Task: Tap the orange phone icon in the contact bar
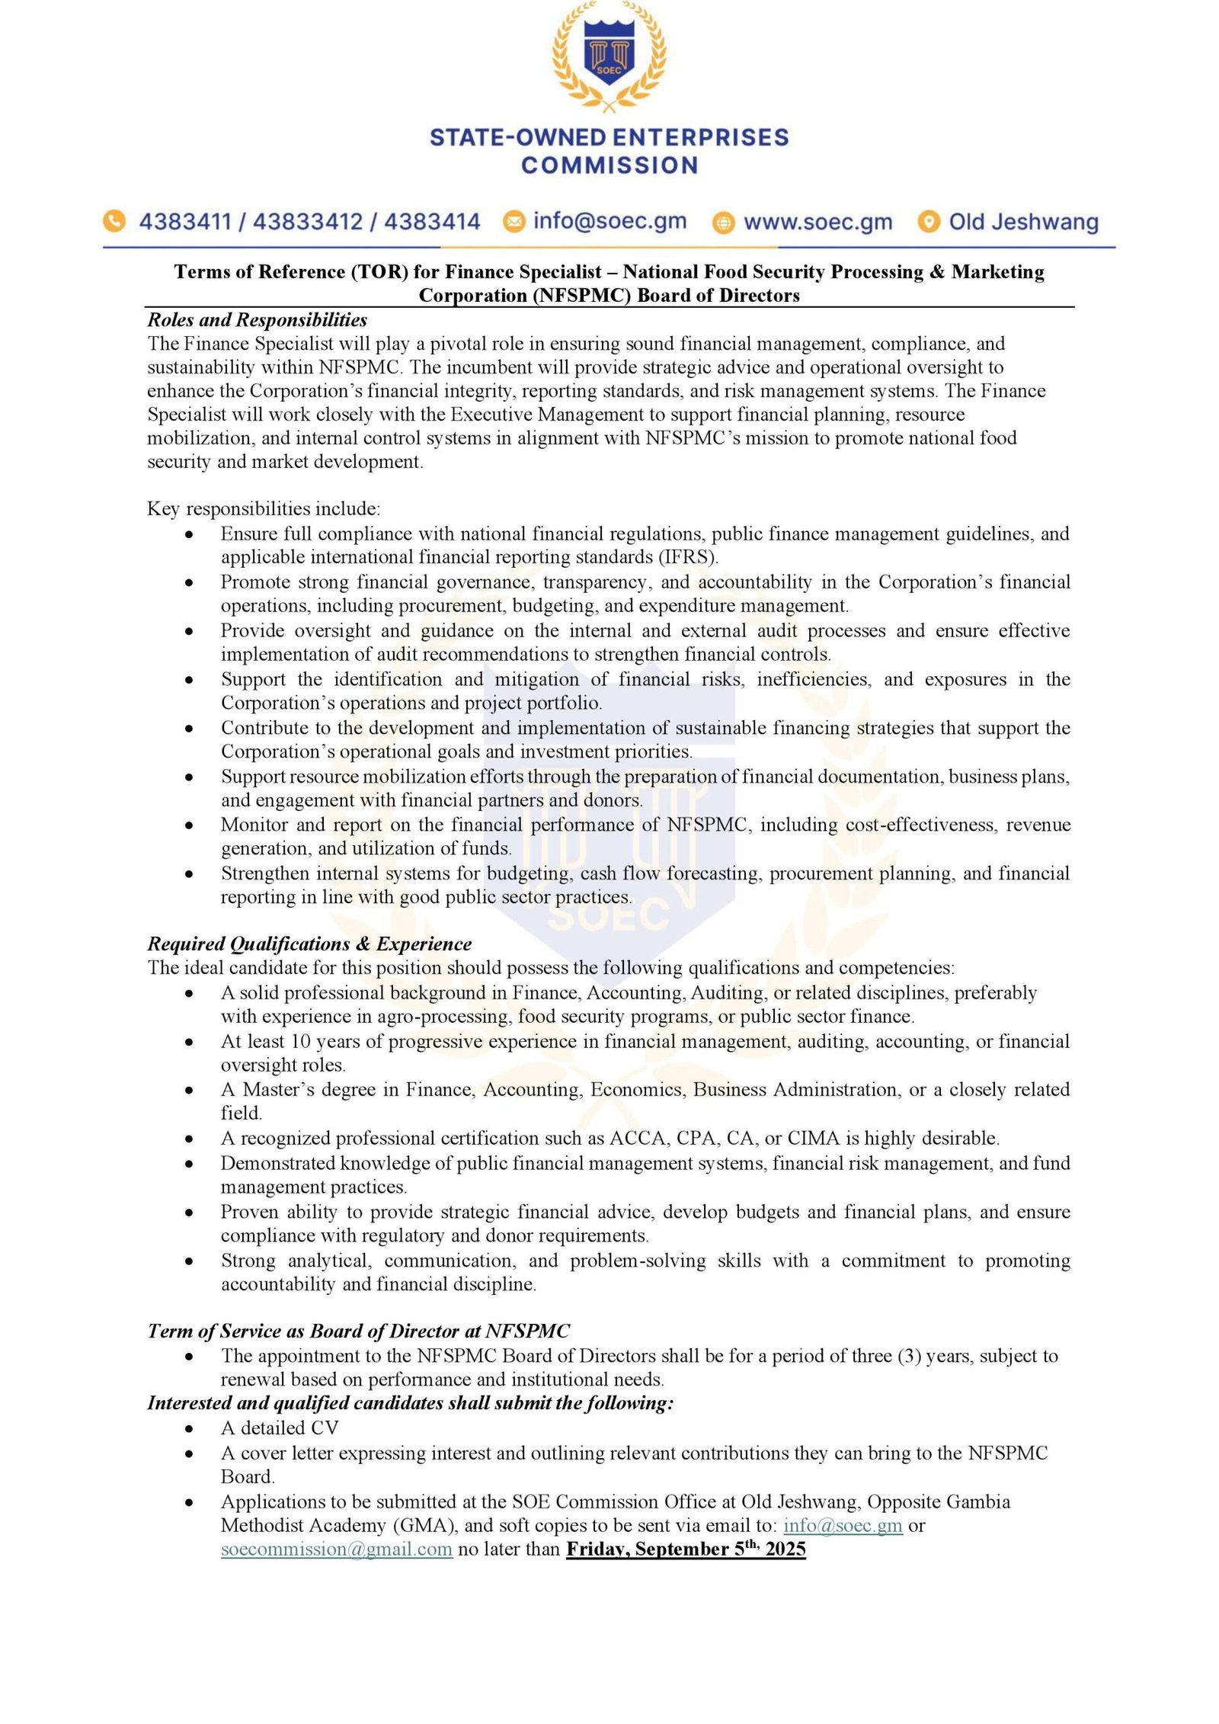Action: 114,221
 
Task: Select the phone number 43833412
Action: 308,222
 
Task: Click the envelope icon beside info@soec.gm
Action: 514,221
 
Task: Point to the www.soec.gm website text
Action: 817,222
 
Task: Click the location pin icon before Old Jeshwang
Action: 928,222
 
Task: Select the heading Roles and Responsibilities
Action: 257,319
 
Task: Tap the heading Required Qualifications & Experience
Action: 309,944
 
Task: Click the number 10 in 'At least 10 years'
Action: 302,1041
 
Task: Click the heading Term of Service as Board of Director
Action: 358,1331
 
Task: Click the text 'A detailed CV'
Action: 280,1428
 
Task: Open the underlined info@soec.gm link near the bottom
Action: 843,1525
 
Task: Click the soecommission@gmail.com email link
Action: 337,1549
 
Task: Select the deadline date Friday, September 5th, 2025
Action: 686,1549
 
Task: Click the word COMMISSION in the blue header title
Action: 609,165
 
